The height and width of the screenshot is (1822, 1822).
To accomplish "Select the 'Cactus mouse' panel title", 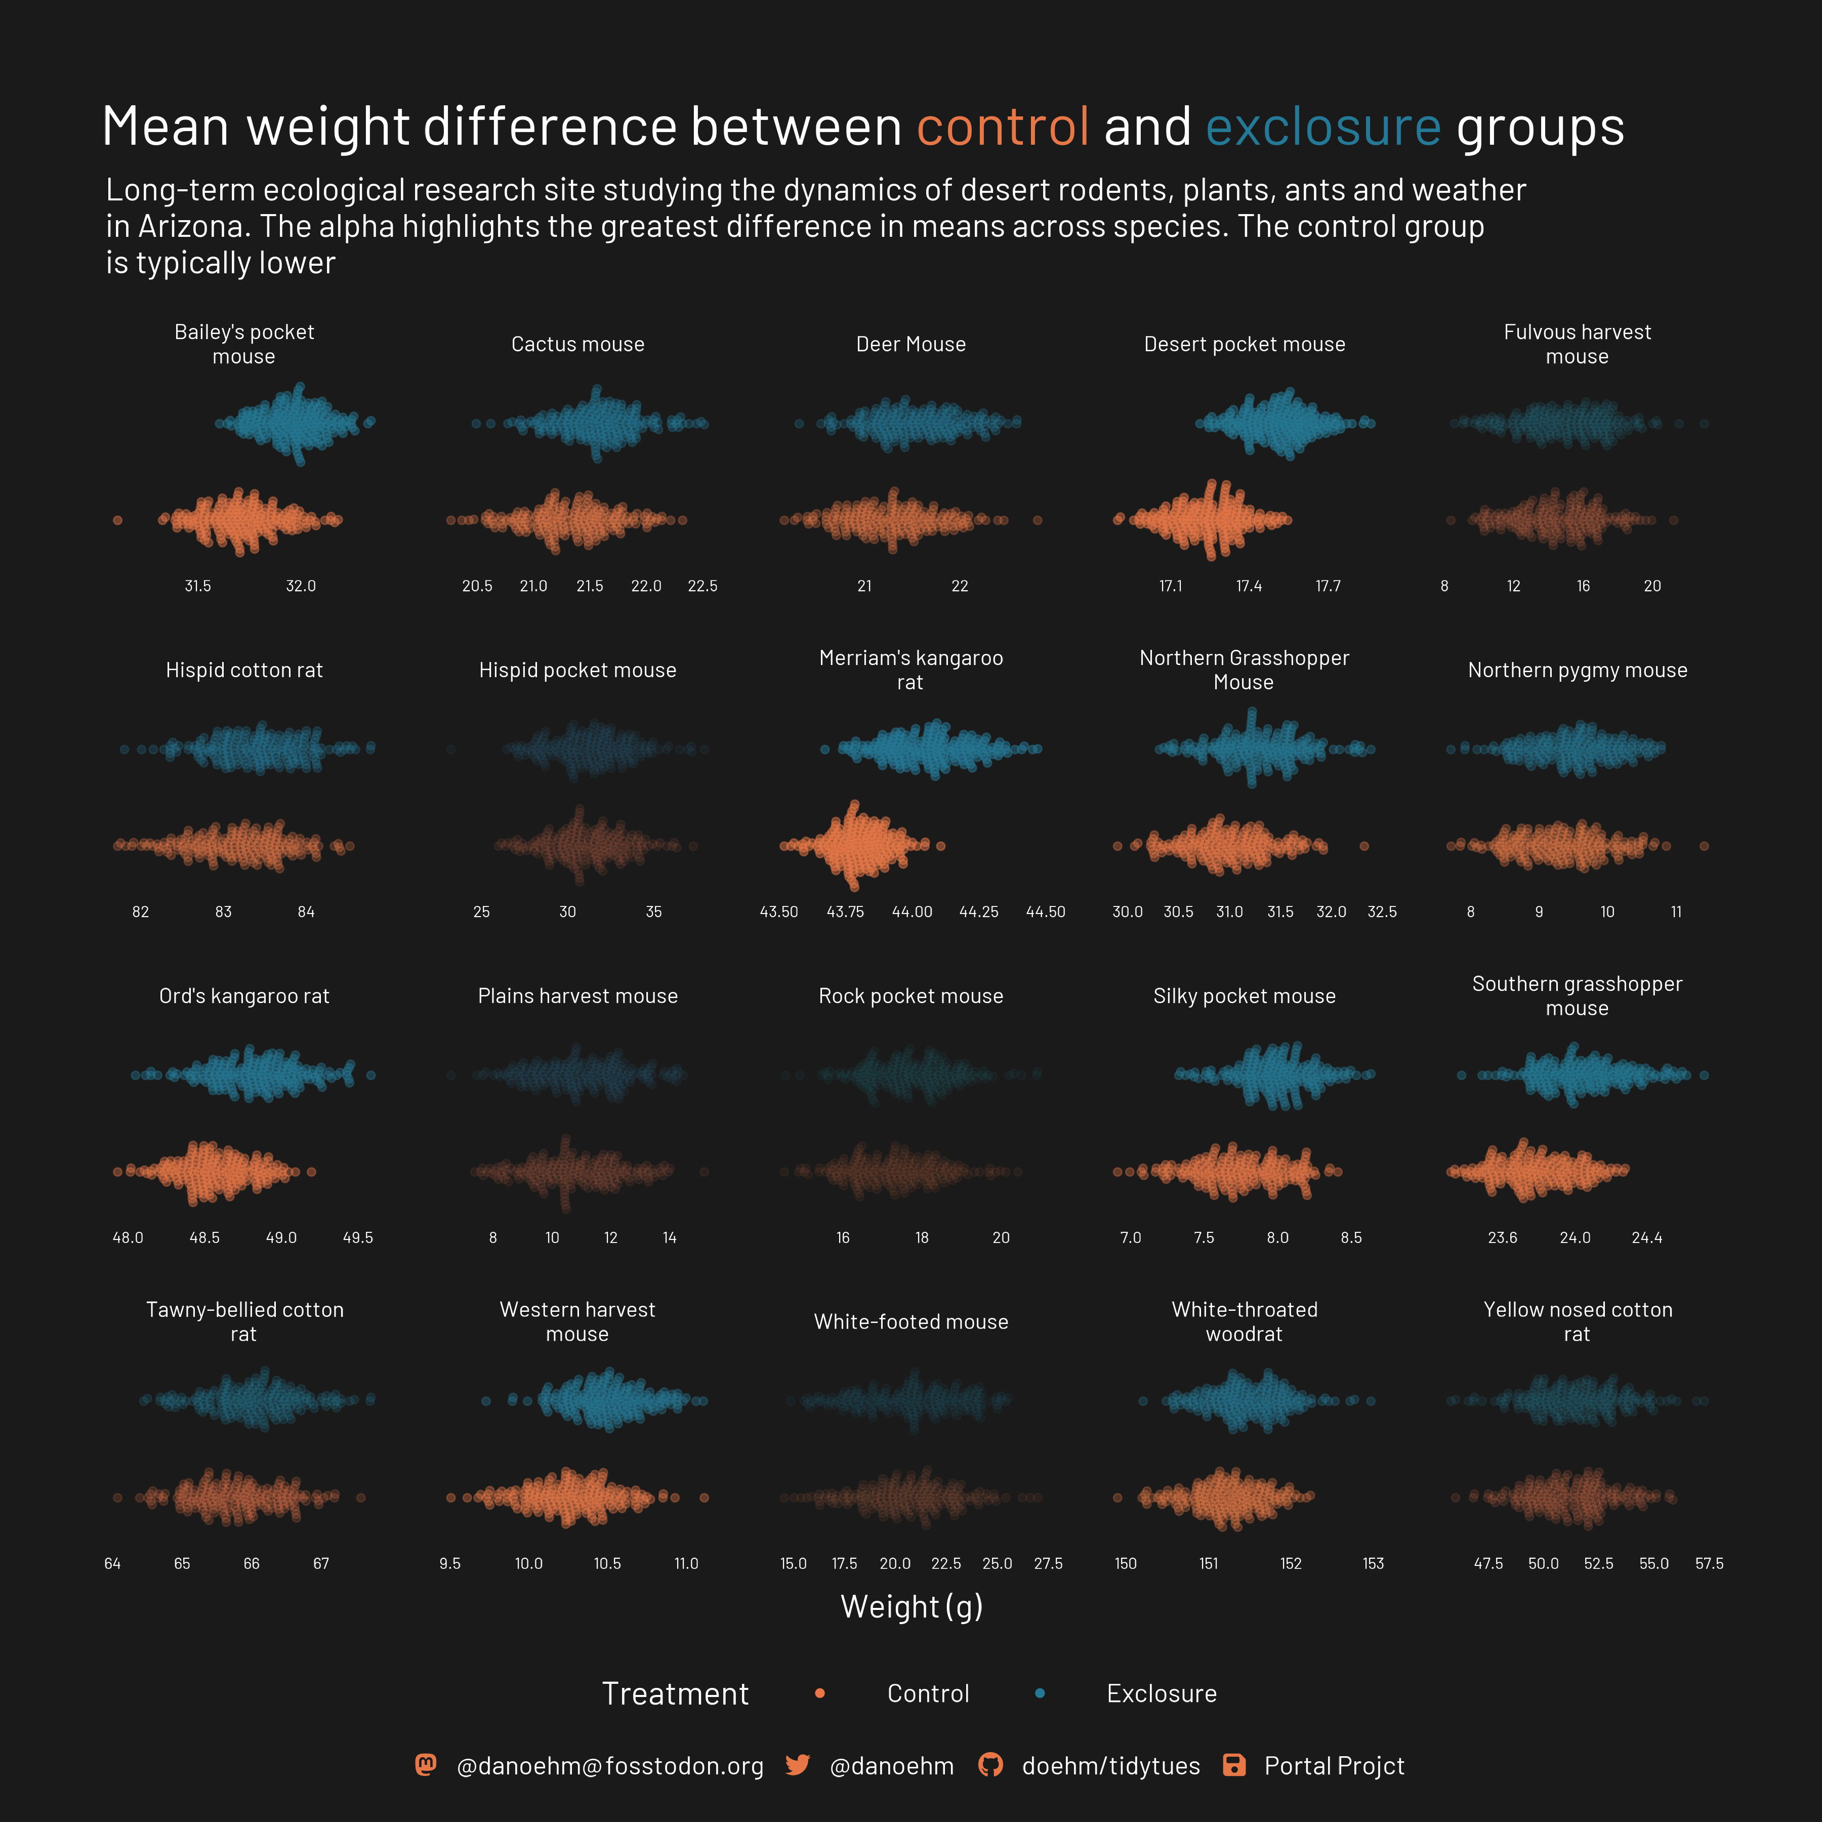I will pos(577,344).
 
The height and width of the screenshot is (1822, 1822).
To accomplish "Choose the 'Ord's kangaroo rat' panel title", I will pos(244,996).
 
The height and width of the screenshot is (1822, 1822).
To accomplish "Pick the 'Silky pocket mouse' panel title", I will pos(1244,996).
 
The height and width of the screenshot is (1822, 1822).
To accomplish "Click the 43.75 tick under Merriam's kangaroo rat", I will pos(845,912).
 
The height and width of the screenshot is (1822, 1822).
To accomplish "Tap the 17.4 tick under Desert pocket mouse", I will pos(1249,586).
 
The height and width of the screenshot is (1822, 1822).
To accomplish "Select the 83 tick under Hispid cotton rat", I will pos(224,912).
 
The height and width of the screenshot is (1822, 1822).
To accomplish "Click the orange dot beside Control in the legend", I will pos(819,1694).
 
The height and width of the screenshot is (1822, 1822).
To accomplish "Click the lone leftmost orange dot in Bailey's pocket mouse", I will pos(118,520).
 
